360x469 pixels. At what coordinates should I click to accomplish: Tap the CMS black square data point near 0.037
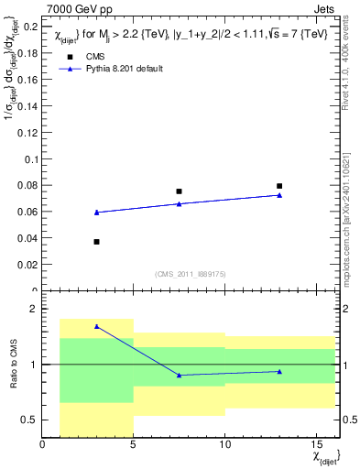(96, 242)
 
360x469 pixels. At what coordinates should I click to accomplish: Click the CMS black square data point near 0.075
(179, 191)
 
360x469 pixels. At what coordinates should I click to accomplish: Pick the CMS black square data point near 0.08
(279, 186)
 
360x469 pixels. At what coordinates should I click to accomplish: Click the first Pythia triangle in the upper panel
(96, 213)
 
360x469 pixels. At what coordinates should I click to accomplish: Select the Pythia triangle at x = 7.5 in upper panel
(179, 203)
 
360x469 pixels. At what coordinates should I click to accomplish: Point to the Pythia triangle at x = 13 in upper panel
(279, 195)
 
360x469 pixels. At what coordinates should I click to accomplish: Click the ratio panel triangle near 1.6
(96, 326)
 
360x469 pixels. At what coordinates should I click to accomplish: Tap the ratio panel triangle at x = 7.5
(179, 375)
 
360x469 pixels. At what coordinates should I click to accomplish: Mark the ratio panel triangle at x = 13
(279, 371)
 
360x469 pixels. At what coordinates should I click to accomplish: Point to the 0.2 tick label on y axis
(28, 27)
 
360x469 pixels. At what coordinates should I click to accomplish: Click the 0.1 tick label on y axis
(28, 159)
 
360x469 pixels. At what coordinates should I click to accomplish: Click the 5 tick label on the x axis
(134, 445)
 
